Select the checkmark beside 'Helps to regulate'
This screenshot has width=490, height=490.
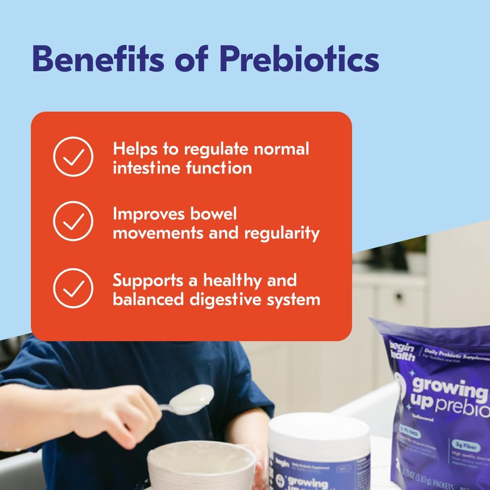73,157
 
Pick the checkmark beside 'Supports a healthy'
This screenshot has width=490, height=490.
73,288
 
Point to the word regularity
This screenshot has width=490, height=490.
282,233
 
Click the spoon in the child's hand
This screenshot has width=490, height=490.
193,400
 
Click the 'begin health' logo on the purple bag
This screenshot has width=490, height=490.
402,350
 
